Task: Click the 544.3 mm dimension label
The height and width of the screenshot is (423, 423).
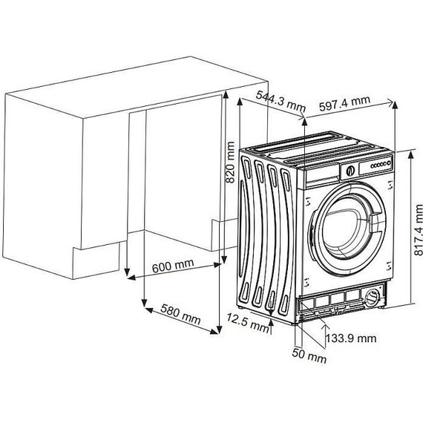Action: (x=281, y=102)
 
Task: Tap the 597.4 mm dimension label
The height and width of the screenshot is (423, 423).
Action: (x=344, y=103)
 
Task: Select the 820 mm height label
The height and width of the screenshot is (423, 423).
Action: (x=230, y=163)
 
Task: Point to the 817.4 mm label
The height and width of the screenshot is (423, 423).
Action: (x=418, y=230)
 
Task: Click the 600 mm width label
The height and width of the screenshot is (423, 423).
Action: (x=173, y=266)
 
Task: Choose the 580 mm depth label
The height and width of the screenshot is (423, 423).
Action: (x=180, y=315)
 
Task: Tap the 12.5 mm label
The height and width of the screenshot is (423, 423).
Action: (x=247, y=322)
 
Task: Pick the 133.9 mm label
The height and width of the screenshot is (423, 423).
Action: (x=351, y=338)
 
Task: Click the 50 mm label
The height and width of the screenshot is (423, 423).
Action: (x=309, y=355)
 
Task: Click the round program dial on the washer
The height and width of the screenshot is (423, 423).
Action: (x=350, y=171)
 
